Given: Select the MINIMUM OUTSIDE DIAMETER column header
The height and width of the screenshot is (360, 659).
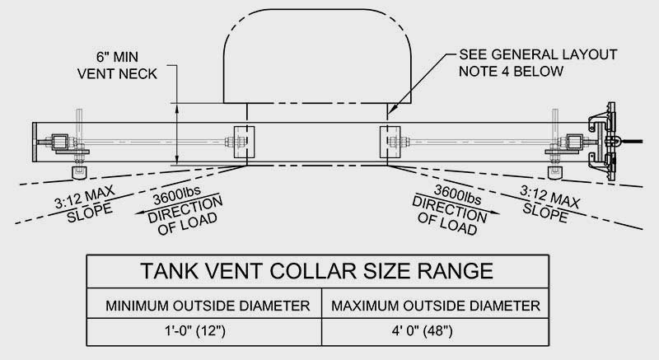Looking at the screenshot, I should click(x=208, y=306).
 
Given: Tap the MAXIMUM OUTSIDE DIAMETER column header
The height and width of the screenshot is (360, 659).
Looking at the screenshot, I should click(x=435, y=306).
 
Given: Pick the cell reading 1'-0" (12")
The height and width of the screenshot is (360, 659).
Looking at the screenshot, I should click(x=208, y=334).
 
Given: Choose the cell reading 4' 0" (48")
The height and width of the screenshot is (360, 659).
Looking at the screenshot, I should click(x=435, y=334).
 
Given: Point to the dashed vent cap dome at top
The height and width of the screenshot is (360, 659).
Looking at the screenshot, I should click(x=316, y=54).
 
